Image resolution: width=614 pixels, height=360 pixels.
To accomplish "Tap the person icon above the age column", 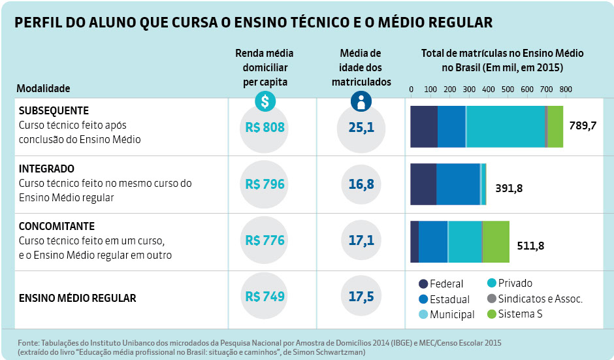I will point(360,101).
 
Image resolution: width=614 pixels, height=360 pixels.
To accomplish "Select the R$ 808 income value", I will point(265,127).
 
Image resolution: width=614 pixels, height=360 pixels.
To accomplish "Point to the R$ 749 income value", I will point(265,297).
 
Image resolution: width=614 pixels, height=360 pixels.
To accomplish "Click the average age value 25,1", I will point(361,127).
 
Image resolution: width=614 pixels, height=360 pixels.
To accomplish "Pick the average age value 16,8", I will point(361,184).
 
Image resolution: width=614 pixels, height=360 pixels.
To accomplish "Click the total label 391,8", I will point(509,188).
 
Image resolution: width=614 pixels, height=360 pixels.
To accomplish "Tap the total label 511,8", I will point(530,246).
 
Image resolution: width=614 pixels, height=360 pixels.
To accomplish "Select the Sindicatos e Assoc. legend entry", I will point(534,299).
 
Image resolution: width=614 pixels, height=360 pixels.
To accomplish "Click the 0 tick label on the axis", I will point(411,89).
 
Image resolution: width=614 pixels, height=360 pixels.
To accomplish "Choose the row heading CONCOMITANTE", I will point(56,225).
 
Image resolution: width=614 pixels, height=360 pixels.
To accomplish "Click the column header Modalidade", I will point(43,88).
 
